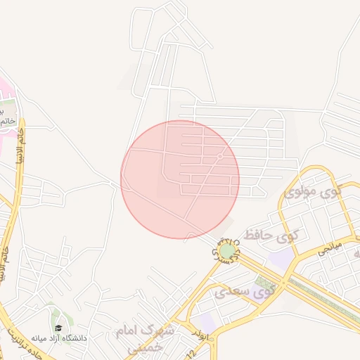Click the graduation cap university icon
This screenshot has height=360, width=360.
coord(58,328)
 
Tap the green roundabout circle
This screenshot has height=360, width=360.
coord(227,250)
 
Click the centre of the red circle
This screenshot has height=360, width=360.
coord(180,179)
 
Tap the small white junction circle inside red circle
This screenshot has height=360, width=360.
coord(220,156)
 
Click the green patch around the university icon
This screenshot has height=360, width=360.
coord(53,320)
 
